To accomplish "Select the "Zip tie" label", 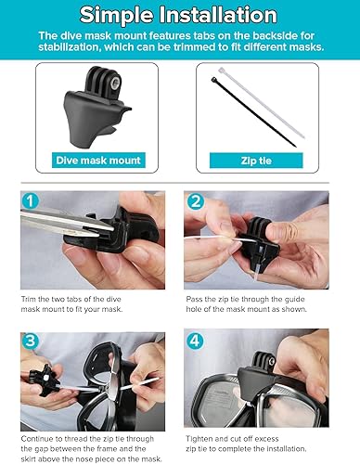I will tap(262, 159).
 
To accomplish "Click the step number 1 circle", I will tap(32, 201).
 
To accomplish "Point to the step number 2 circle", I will tap(197, 201).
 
